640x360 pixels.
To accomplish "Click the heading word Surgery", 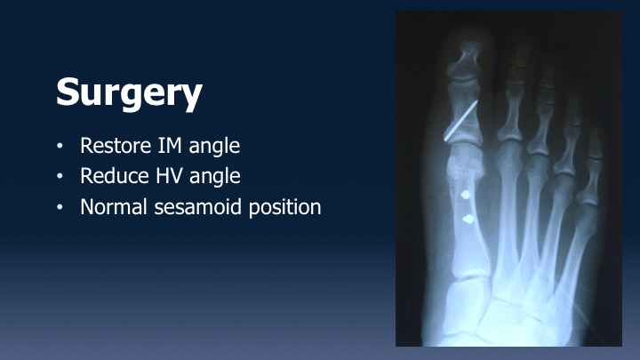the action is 129,94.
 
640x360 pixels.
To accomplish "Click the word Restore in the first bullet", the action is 116,145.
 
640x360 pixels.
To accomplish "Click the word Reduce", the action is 115,176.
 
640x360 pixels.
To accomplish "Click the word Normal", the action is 114,206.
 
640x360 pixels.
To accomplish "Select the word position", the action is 285,208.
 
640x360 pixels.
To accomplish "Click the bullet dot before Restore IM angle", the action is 60,146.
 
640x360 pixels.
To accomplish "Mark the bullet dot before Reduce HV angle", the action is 60,176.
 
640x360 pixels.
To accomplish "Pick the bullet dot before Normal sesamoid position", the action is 60,207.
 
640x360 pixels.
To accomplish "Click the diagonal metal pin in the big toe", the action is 460,121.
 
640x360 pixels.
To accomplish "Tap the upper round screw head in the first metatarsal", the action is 466,195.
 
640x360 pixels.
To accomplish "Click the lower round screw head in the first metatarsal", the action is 468,220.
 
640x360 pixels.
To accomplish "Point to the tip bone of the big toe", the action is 465,60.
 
